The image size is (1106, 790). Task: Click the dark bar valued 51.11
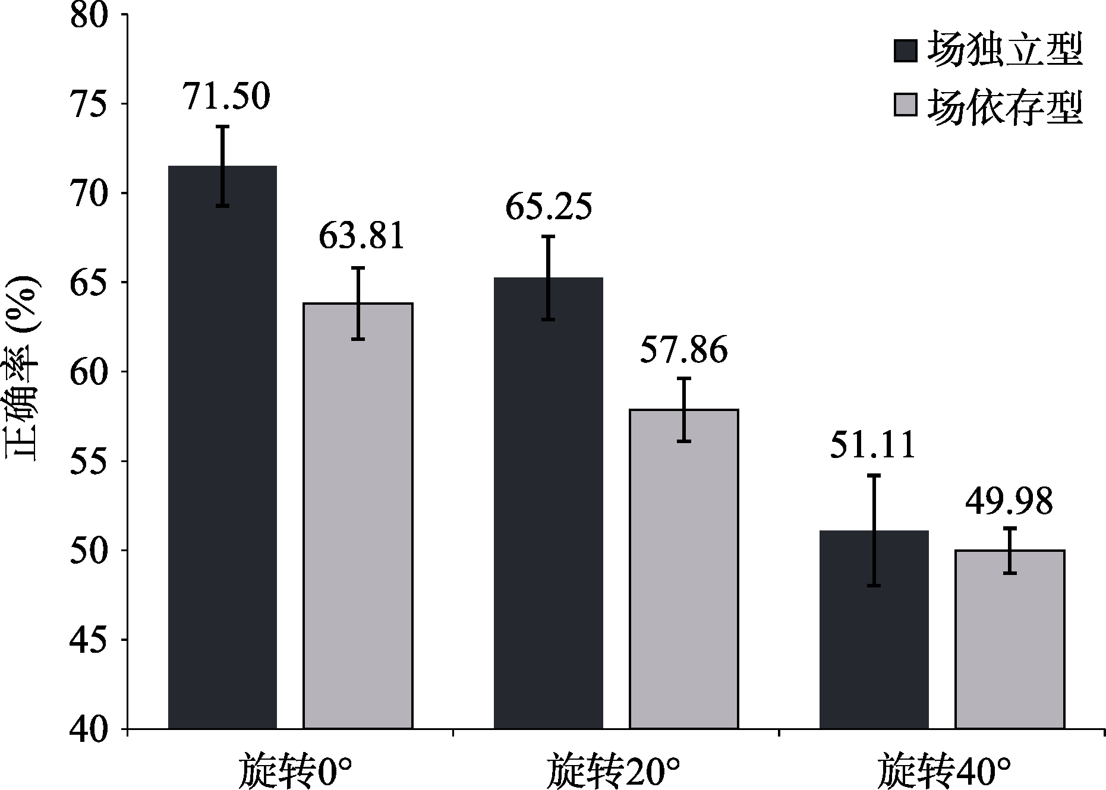click(x=874, y=629)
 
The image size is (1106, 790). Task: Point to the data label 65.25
click(x=549, y=207)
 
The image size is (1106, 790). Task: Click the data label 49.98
click(x=1009, y=501)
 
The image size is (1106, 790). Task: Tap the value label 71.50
click(x=226, y=96)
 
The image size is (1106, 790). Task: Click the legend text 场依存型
click(x=1005, y=107)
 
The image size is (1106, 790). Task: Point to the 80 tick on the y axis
click(x=89, y=15)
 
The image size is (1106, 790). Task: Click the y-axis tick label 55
click(x=89, y=461)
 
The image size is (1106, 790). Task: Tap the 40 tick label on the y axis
click(x=89, y=729)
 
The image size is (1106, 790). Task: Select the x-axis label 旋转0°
click(x=291, y=770)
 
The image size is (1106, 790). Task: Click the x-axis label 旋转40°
click(x=944, y=770)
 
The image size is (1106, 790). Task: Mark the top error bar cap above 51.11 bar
click(x=874, y=475)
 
